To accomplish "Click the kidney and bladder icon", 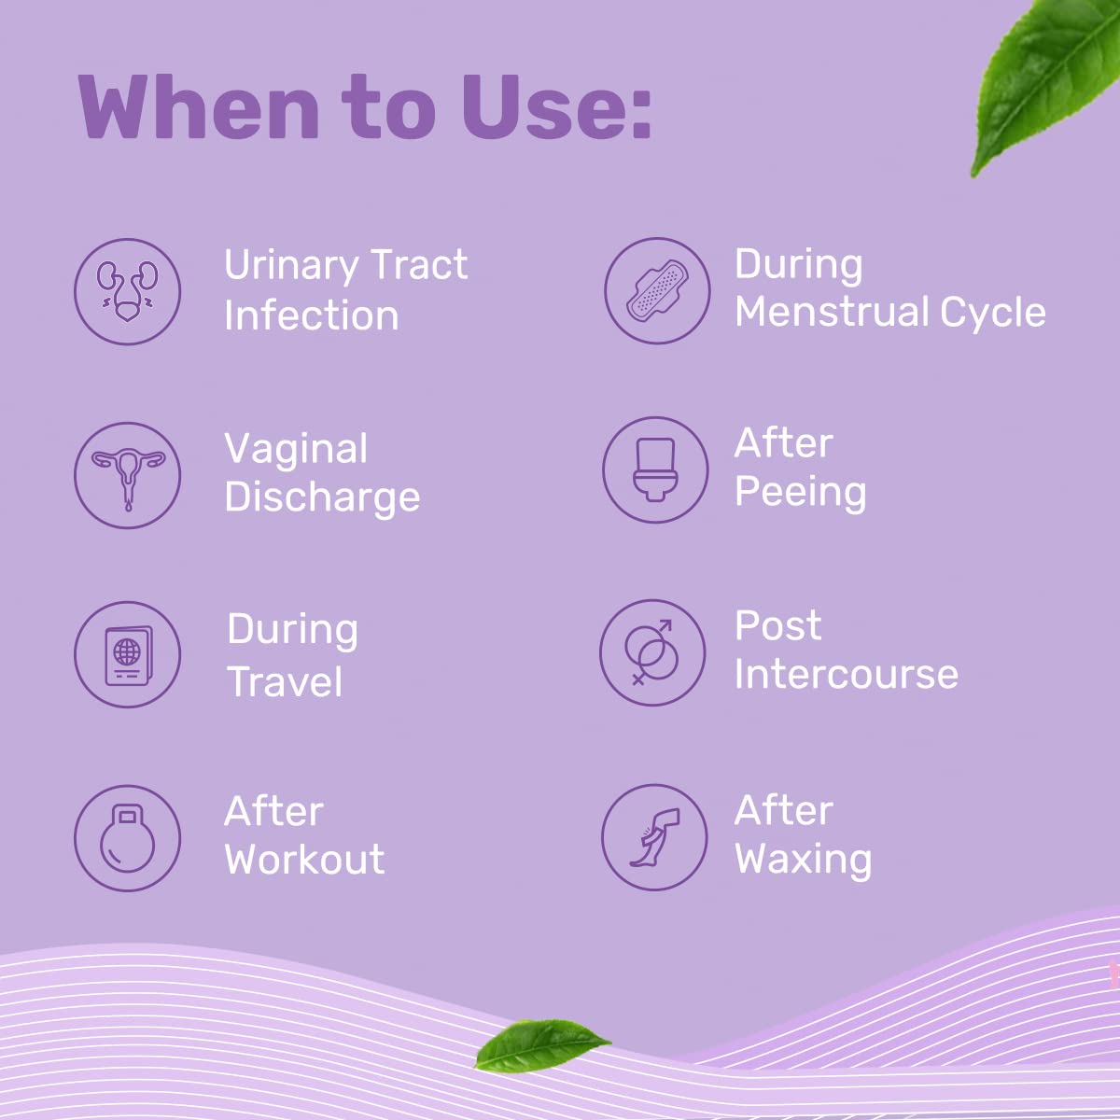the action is (x=127, y=291).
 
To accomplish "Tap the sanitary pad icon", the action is (x=657, y=290).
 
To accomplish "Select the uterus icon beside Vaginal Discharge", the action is (x=127, y=475).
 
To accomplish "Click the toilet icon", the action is (x=655, y=469).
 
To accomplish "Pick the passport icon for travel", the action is (x=127, y=654).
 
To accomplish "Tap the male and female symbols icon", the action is (x=652, y=652).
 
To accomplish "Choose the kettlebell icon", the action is (x=127, y=838).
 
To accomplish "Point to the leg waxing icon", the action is (x=654, y=837).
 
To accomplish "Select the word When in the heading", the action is (x=198, y=107).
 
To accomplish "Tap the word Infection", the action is (x=312, y=315).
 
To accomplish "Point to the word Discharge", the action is (x=323, y=498).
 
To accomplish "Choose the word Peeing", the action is (x=800, y=493).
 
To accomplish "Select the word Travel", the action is (x=285, y=681).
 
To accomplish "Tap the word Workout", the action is (x=304, y=859).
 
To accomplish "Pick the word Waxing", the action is (x=804, y=860).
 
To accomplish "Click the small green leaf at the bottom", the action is (x=541, y=1044).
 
